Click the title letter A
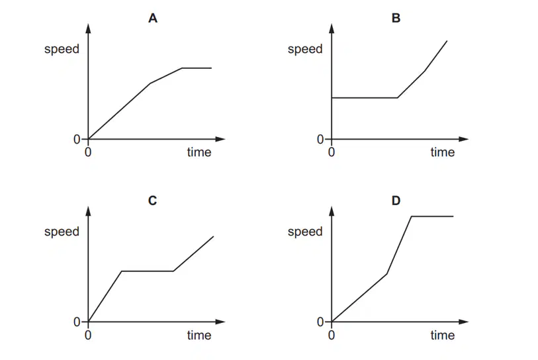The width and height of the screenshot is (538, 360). click(x=153, y=18)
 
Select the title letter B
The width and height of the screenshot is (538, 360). click(x=396, y=18)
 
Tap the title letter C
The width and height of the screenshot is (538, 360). click(x=153, y=201)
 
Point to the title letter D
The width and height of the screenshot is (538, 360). click(x=396, y=201)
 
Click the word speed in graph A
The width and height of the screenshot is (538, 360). click(x=62, y=50)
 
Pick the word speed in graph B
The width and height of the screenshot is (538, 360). click(x=305, y=50)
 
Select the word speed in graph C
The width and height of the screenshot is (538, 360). click(x=62, y=232)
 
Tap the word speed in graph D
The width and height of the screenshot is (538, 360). click(x=305, y=232)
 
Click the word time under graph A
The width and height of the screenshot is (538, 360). click(x=199, y=152)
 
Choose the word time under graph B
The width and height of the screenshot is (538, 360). click(x=443, y=152)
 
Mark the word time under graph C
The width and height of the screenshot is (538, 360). click(x=199, y=335)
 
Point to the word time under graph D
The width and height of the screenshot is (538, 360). click(x=443, y=335)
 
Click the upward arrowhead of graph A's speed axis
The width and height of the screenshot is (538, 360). click(x=88, y=28)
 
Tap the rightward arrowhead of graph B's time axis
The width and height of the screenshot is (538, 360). click(x=463, y=139)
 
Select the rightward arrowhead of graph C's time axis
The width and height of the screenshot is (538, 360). click(x=220, y=322)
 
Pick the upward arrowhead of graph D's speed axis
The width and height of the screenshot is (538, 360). click(x=332, y=211)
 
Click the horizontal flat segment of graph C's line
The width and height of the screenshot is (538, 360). click(x=148, y=271)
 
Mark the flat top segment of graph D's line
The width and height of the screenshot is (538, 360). click(x=432, y=216)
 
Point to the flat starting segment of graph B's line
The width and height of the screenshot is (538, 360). click(x=365, y=98)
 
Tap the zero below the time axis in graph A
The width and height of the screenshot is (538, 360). click(x=88, y=152)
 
